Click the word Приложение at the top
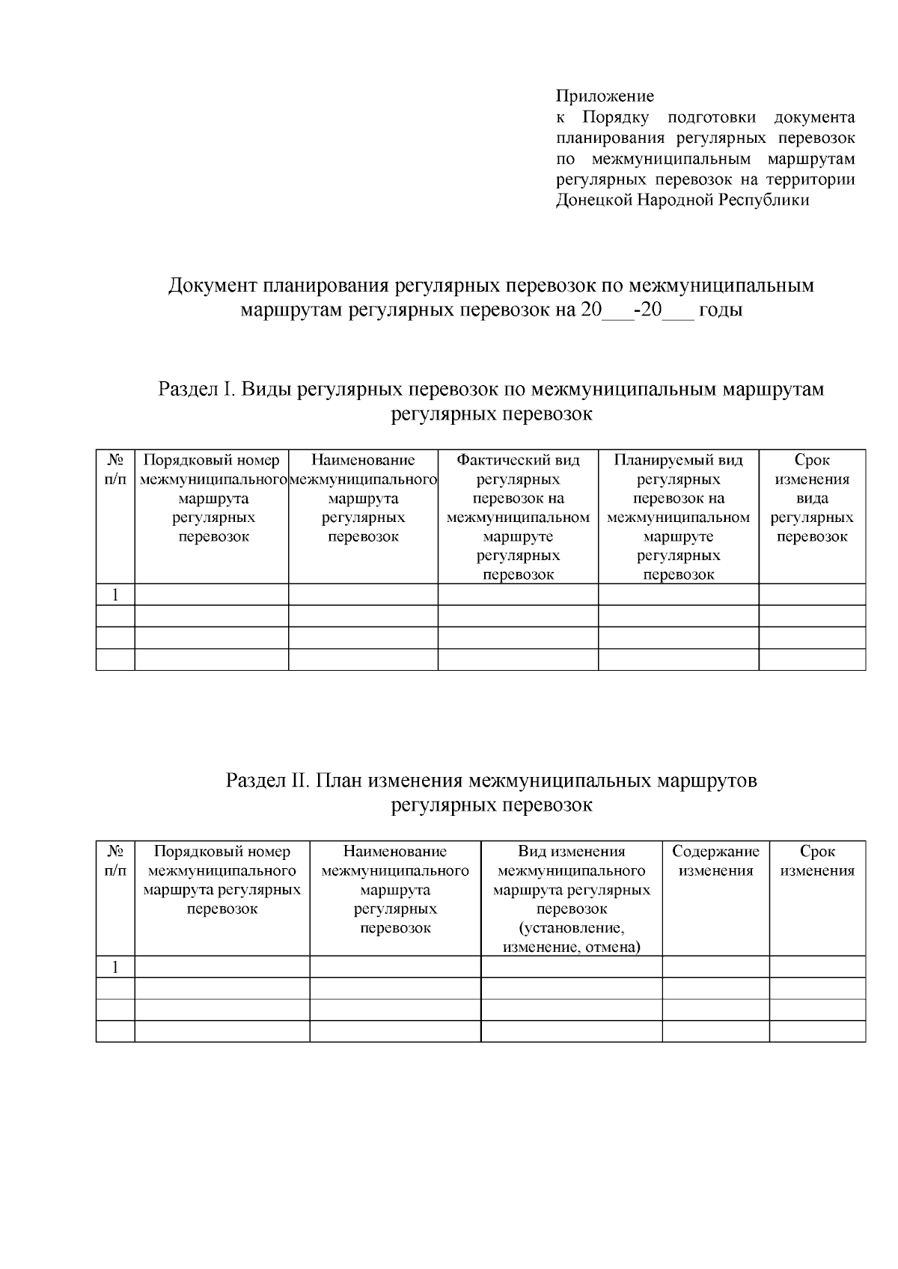(x=605, y=96)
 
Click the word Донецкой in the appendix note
(x=594, y=200)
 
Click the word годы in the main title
(x=720, y=310)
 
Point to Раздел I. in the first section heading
(x=197, y=390)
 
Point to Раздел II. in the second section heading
(x=268, y=781)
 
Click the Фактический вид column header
(x=518, y=460)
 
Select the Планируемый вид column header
(x=678, y=460)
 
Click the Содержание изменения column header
(x=715, y=861)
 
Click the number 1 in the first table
(x=115, y=595)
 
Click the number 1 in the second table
(x=115, y=967)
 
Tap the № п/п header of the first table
(x=115, y=469)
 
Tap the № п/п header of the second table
(x=115, y=861)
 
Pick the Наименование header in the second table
(x=395, y=851)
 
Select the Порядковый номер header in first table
(x=211, y=460)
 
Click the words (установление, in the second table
(x=571, y=928)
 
